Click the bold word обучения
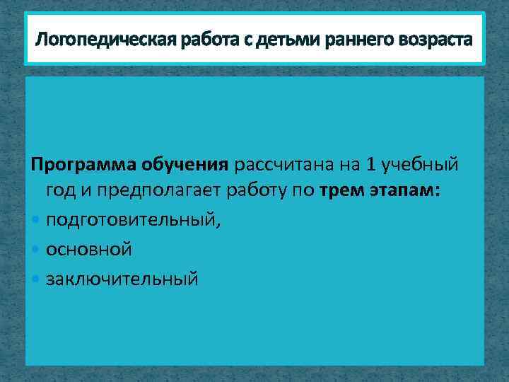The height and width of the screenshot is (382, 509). tap(183, 166)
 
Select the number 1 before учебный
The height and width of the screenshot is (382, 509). tap(371, 166)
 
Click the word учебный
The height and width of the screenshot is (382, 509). tap(421, 166)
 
